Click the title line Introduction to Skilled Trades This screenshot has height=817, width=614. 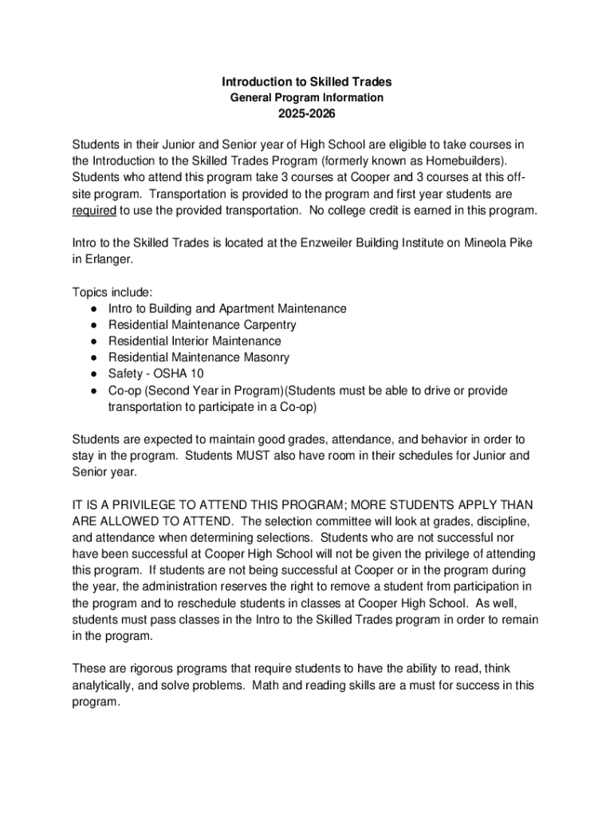click(x=307, y=81)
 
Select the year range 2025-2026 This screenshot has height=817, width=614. click(x=307, y=114)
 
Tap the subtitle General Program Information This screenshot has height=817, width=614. click(x=307, y=97)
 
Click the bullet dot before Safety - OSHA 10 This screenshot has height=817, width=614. click(x=94, y=374)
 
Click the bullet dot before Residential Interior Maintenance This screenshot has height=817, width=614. click(x=94, y=341)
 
